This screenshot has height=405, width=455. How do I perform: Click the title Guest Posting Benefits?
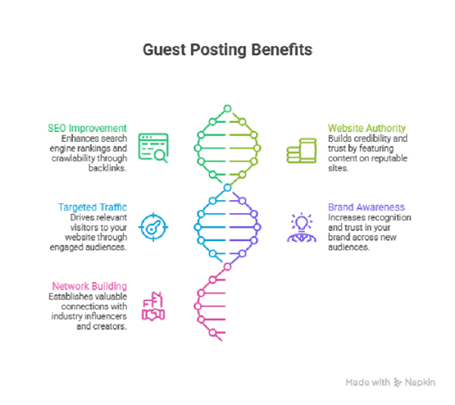[x=227, y=50]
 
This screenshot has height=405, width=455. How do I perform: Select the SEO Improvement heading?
[x=87, y=128]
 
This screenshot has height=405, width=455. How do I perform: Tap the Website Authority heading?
[x=367, y=128]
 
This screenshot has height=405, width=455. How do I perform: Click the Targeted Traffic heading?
[x=93, y=207]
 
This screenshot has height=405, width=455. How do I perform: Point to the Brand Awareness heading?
[x=366, y=207]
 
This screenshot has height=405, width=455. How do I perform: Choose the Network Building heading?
[x=89, y=287]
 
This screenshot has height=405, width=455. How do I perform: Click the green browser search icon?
[x=153, y=148]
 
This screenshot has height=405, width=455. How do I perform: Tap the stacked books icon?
[x=302, y=151]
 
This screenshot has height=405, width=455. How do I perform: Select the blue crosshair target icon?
[x=153, y=228]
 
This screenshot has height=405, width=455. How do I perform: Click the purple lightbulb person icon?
[x=302, y=228]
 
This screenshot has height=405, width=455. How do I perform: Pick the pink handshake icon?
[x=153, y=306]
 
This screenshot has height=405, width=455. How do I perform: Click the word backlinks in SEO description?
[x=108, y=168]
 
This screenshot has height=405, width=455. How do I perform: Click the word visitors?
[x=83, y=228]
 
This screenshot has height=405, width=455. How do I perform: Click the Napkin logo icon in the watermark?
[x=398, y=382]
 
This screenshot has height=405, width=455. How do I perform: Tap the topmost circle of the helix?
[x=227, y=108]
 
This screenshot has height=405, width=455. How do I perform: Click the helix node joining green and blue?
[x=227, y=187]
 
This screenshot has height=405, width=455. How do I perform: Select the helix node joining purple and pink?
[x=227, y=267]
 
